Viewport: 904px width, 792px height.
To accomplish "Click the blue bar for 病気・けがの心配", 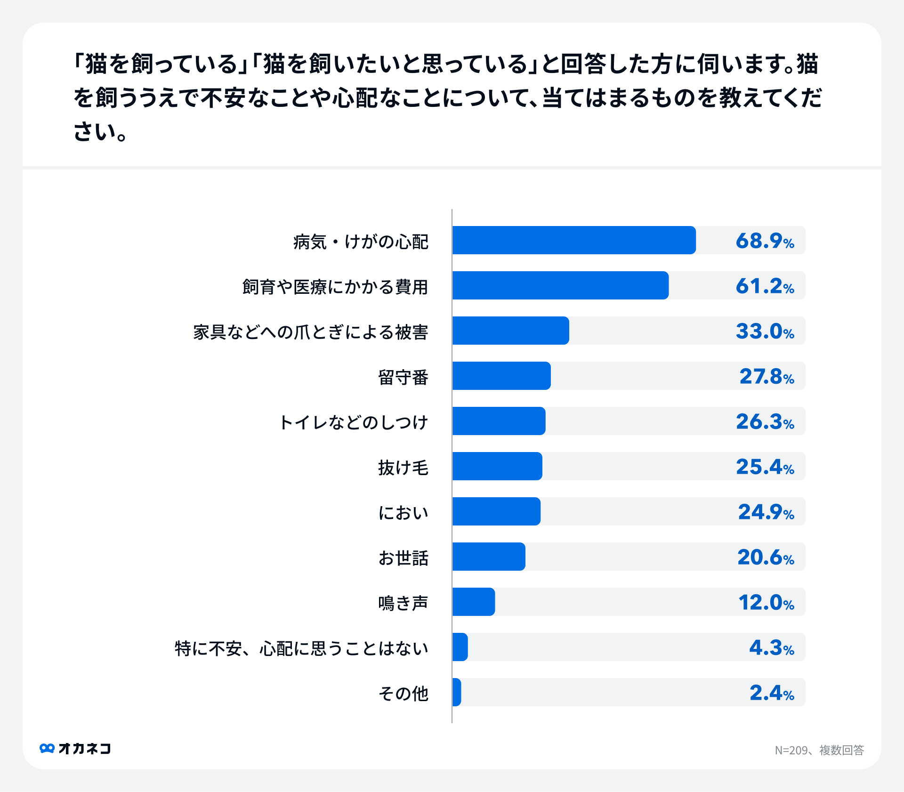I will [x=573, y=240].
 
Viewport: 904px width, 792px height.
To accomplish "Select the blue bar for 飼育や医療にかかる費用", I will [x=560, y=285].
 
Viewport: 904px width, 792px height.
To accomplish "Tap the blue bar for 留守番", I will [x=501, y=376].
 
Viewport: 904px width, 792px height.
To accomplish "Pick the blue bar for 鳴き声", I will [x=474, y=602].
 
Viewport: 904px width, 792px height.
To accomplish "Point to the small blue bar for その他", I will [x=457, y=692].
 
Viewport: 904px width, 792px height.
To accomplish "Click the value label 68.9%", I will [x=765, y=241].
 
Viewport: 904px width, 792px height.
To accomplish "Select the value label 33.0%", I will [x=765, y=331].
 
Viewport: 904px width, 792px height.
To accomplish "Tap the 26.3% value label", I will [x=765, y=421].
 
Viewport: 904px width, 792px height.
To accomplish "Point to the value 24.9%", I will [x=766, y=512].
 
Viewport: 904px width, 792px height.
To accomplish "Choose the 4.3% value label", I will [x=771, y=647].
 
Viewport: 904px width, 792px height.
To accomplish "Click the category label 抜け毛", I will [x=403, y=468].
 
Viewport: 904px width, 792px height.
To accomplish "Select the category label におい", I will [x=403, y=512].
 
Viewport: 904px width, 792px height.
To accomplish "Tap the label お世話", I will [x=403, y=558].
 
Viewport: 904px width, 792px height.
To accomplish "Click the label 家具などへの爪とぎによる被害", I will [x=311, y=332].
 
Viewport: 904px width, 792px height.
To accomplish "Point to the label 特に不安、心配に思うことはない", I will [x=301, y=648].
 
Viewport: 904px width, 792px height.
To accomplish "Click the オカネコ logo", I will [x=75, y=748].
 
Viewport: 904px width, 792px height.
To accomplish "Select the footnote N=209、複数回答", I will [x=819, y=750].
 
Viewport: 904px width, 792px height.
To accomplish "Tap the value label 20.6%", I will [x=766, y=557].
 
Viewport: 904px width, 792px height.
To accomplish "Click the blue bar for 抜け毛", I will [x=497, y=466].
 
